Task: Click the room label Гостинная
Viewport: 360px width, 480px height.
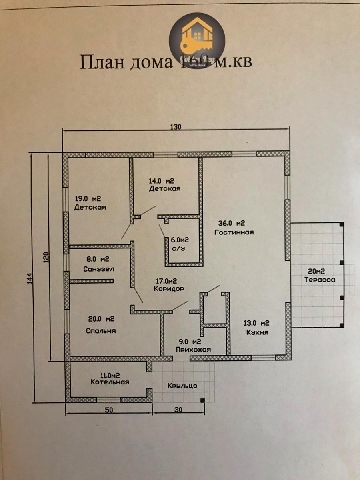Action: pyautogui.click(x=234, y=232)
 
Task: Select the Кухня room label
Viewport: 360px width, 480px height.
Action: pyautogui.click(x=257, y=332)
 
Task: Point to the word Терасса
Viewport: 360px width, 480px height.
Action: pyautogui.click(x=320, y=280)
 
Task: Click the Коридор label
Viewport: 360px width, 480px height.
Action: pyautogui.click(x=168, y=288)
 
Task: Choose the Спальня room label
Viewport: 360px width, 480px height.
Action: pyautogui.click(x=101, y=331)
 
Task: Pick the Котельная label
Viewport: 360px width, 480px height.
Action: pyautogui.click(x=110, y=382)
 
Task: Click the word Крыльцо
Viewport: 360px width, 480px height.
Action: pyautogui.click(x=182, y=386)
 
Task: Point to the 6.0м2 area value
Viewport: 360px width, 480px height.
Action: pyautogui.click(x=180, y=240)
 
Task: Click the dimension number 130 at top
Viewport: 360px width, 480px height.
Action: pyautogui.click(x=176, y=128)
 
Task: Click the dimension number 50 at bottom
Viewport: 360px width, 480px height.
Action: pyautogui.click(x=109, y=410)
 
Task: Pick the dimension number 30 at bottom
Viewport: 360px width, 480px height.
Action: pyautogui.click(x=178, y=410)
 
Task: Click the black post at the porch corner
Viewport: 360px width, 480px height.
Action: pyautogui.click(x=202, y=400)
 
